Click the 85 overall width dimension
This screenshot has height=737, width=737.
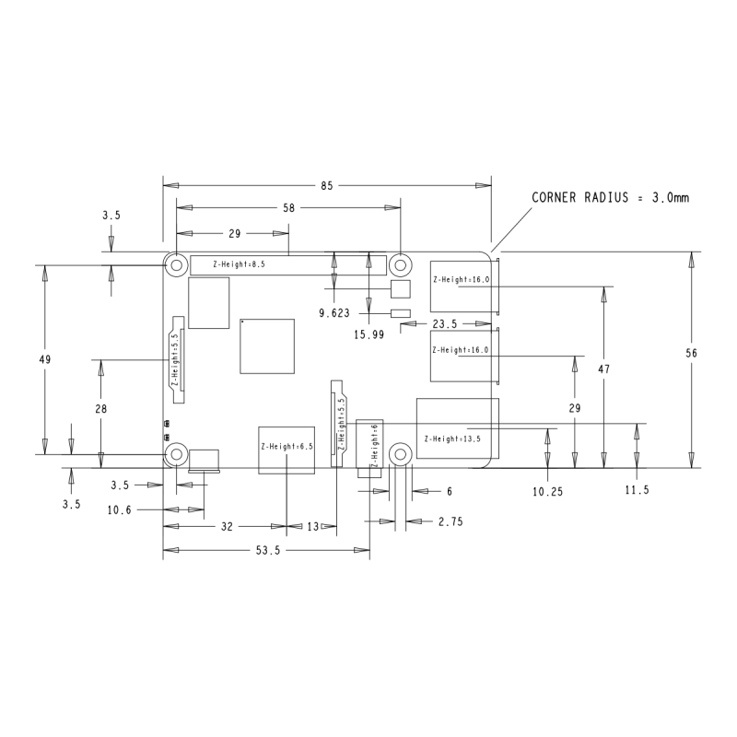(327, 186)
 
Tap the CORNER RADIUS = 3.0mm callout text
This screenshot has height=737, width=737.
(610, 197)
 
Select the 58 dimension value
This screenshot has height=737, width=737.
(288, 208)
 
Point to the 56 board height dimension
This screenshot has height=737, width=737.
(691, 353)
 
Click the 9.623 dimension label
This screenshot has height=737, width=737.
(334, 313)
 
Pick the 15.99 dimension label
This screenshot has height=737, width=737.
(369, 334)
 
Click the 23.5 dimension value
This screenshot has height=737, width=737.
(445, 324)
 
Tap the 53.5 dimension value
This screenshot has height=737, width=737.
(268, 550)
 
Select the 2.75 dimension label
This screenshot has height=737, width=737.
(450, 521)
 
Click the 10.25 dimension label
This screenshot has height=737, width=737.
(547, 492)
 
